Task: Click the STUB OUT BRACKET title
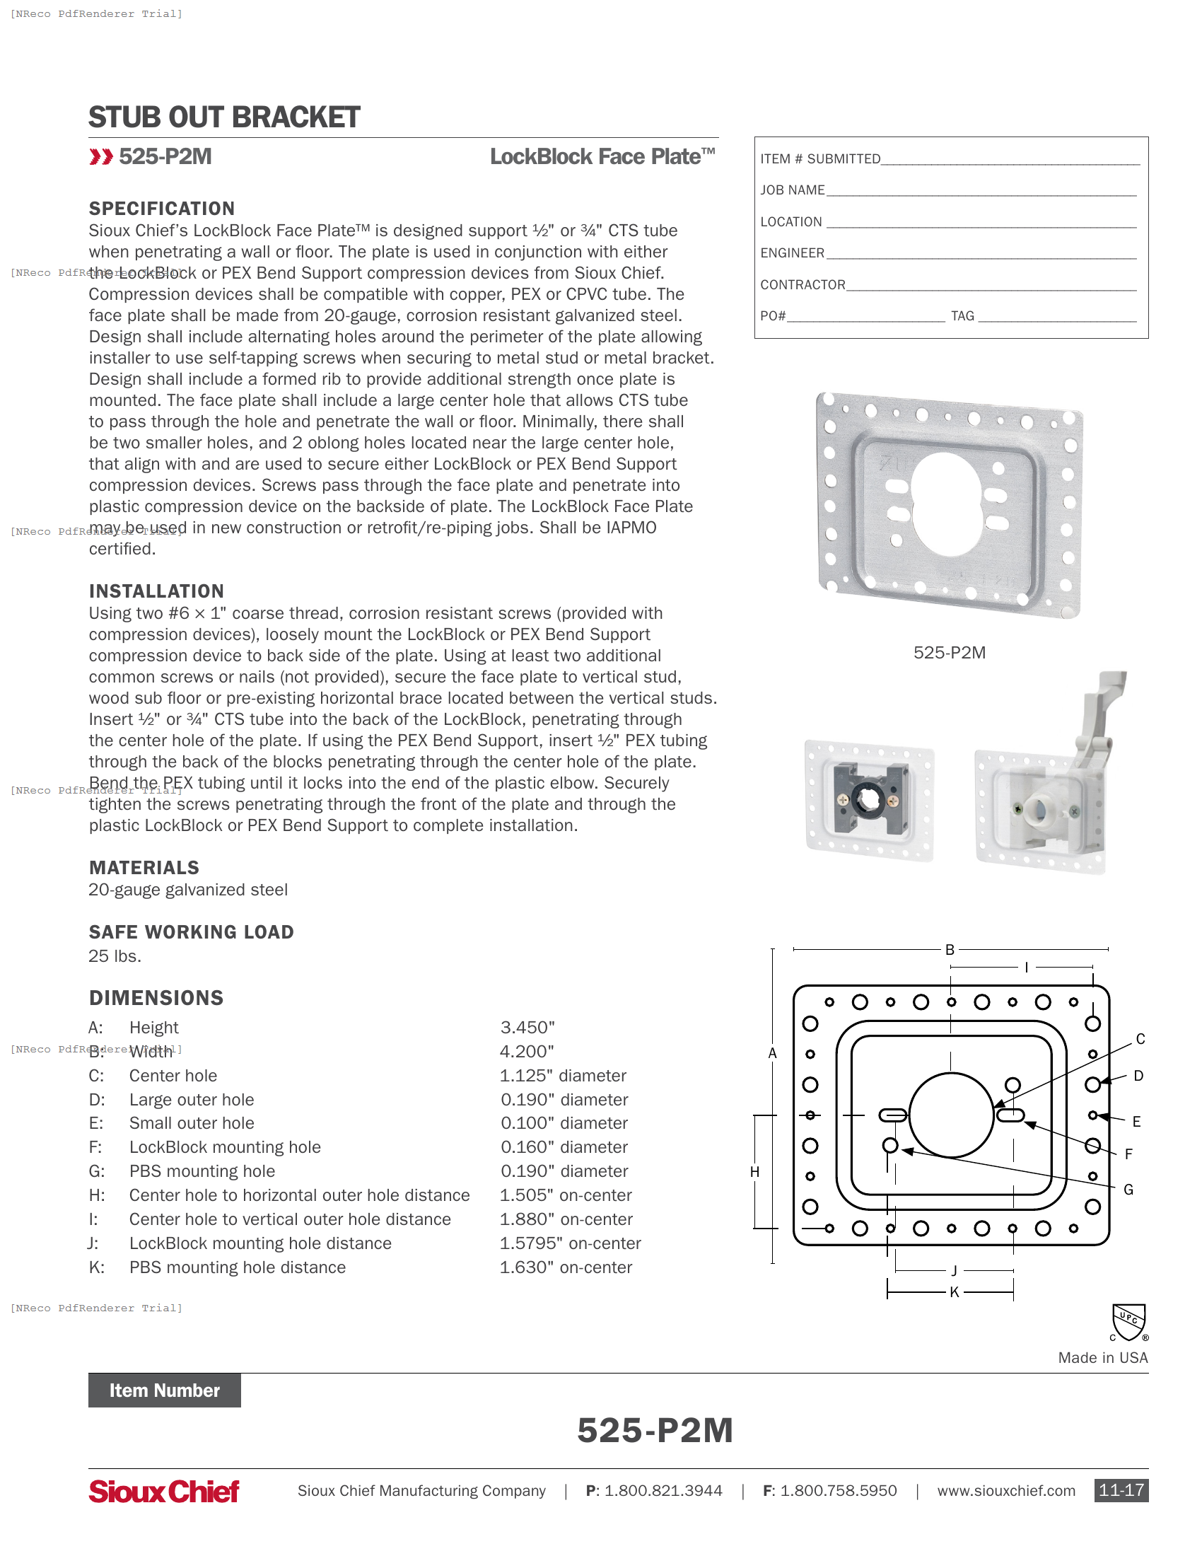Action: point(223,117)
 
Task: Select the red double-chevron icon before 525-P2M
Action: point(100,157)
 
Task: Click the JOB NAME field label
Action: point(792,190)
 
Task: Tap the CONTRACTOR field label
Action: point(803,285)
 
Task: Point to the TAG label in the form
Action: point(962,316)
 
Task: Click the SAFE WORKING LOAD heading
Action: point(191,932)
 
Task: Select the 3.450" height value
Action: point(527,1028)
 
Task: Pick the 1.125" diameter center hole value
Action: point(563,1076)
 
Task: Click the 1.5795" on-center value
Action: point(570,1243)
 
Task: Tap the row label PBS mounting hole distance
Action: point(237,1267)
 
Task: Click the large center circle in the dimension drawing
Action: point(950,1115)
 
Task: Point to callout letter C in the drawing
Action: point(1140,1040)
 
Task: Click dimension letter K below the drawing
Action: point(955,1292)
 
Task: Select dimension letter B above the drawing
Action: point(949,950)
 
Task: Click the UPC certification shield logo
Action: point(1128,1323)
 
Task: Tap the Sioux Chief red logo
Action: point(164,1491)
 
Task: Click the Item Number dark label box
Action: point(165,1390)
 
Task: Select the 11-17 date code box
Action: point(1121,1490)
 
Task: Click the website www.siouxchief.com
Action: point(1005,1491)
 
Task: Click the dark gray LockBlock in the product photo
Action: point(870,798)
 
